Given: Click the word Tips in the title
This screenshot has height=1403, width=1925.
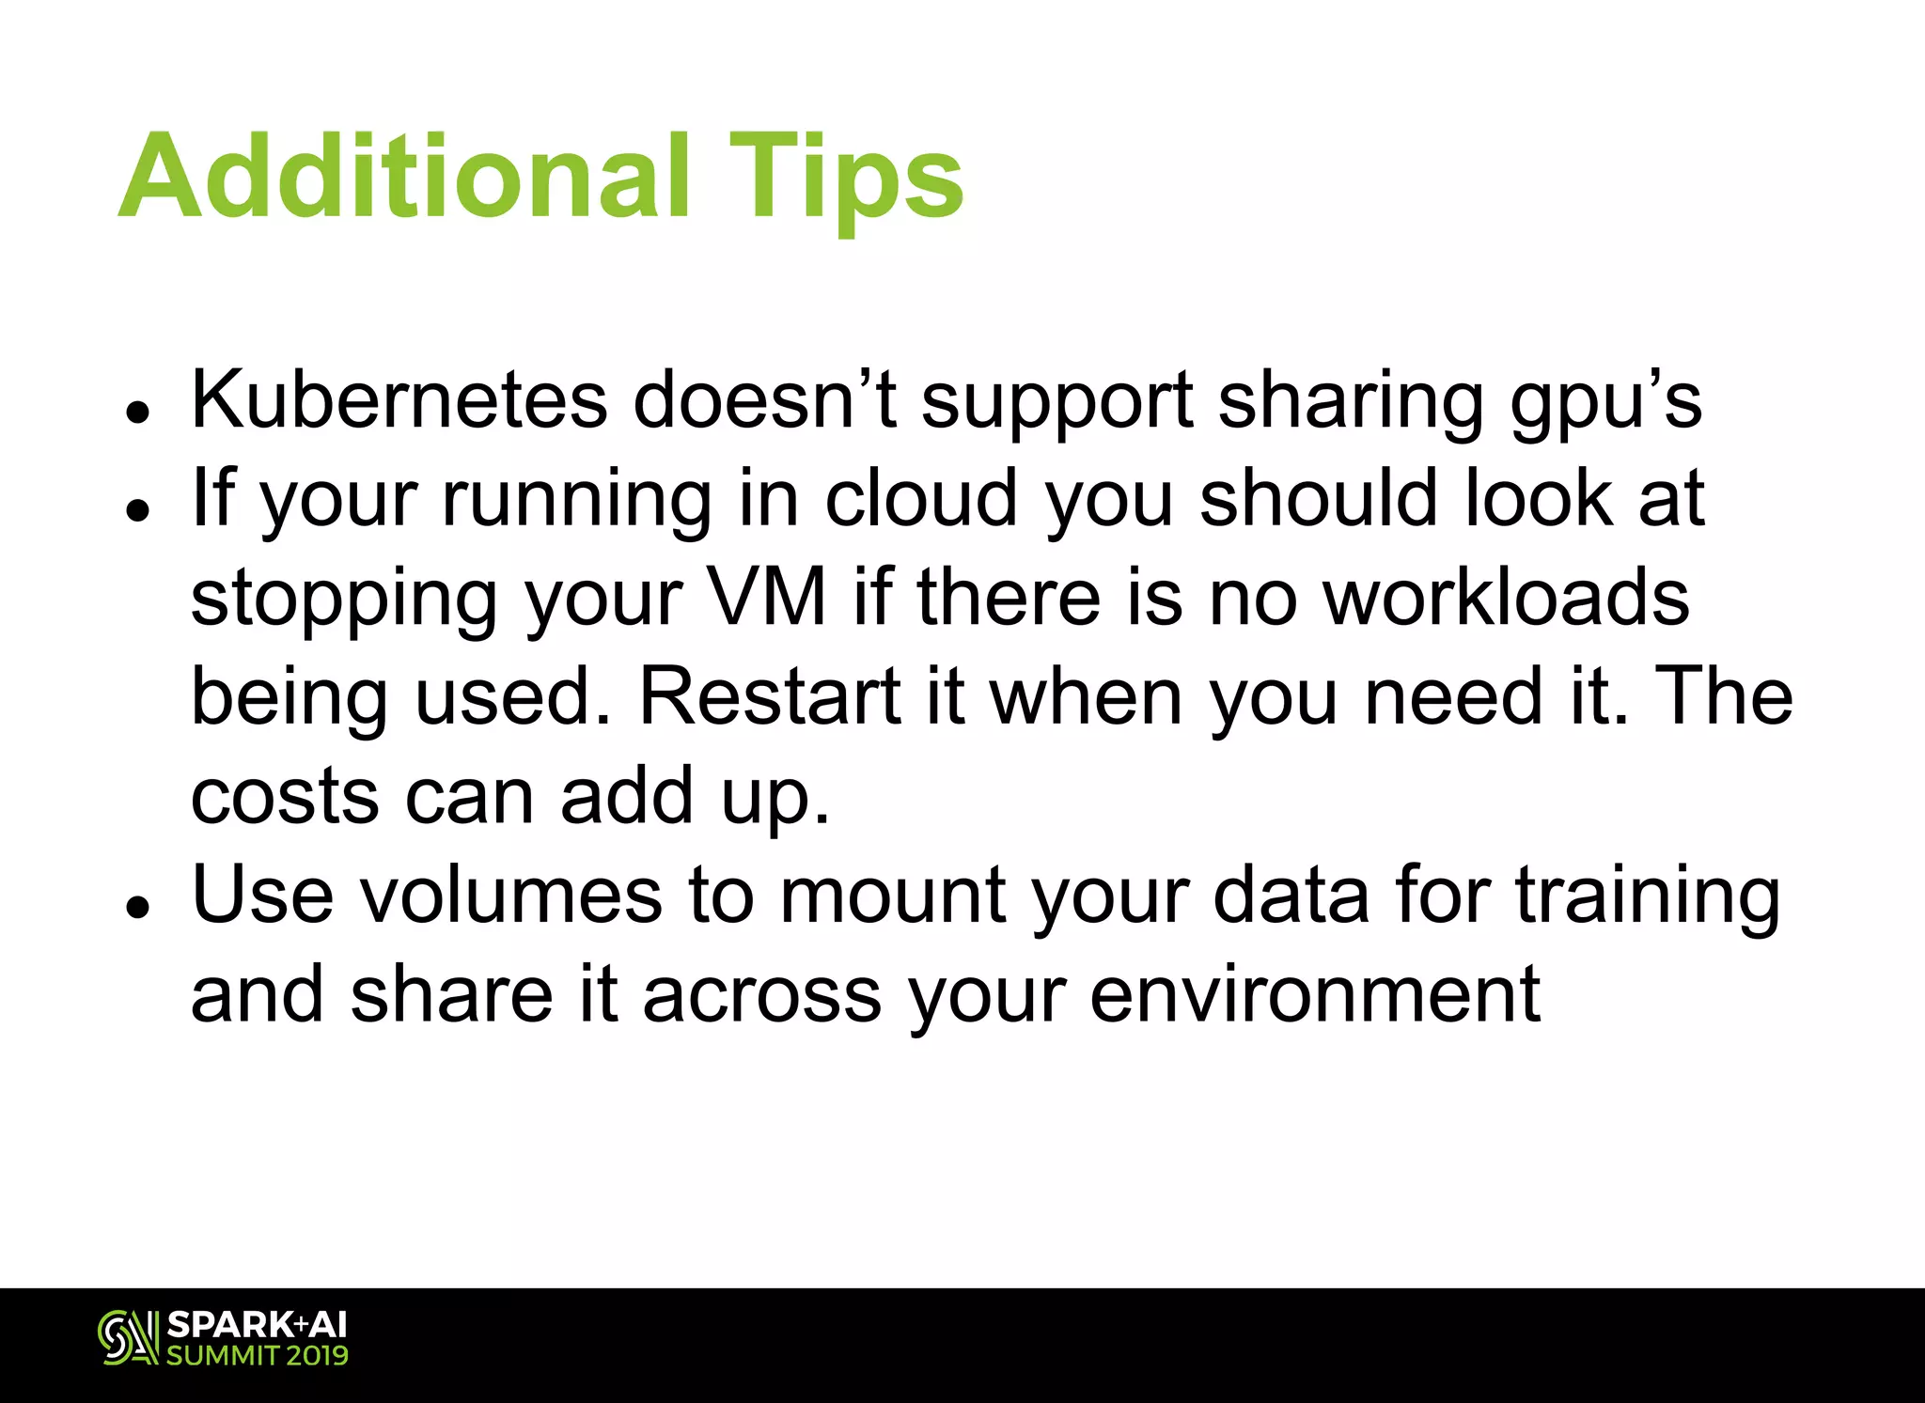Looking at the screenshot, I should [x=845, y=179].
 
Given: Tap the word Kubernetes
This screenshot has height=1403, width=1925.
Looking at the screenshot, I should [x=399, y=400].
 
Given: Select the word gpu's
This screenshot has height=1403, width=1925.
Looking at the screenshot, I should [x=1605, y=404].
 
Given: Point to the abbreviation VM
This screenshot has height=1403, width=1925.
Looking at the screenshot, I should [x=765, y=598].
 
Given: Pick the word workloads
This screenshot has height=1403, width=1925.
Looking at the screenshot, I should [x=1506, y=598].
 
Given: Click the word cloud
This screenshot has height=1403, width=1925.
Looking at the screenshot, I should [x=920, y=499].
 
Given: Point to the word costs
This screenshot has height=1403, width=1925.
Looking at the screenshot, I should [x=285, y=797].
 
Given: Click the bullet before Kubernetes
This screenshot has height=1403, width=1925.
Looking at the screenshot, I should [x=139, y=411].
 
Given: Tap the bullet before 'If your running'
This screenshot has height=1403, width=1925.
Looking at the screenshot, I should [x=139, y=510].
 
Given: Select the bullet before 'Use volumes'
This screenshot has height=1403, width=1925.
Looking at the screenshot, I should [x=139, y=907].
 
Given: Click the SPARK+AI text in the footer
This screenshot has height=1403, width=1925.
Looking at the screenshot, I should [x=257, y=1325].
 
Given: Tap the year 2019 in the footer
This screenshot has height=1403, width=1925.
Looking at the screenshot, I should [x=318, y=1356].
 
